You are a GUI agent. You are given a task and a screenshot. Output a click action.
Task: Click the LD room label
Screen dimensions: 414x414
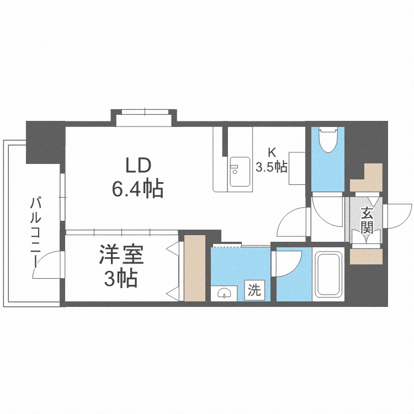[x=139, y=166]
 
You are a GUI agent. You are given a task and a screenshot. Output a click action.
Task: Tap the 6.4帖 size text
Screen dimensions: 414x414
[x=137, y=189]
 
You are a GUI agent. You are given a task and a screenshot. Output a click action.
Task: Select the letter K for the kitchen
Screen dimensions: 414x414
[x=272, y=152]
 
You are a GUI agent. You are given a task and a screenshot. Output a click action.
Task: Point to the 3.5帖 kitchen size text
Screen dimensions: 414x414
[x=272, y=167]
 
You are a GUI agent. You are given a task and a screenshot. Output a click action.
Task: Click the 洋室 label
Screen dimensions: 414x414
[x=121, y=255]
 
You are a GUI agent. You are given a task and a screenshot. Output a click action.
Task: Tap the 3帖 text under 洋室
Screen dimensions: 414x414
[x=121, y=278]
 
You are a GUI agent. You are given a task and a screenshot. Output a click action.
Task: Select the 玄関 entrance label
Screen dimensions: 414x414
[x=367, y=221]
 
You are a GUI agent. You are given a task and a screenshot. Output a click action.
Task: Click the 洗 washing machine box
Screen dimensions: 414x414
[x=254, y=290]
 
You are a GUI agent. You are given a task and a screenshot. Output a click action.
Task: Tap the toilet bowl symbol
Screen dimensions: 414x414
[x=328, y=140]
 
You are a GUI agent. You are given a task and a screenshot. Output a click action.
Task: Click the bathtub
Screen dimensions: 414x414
[x=328, y=274]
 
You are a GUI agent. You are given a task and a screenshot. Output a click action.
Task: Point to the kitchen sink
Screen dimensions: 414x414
[x=240, y=172]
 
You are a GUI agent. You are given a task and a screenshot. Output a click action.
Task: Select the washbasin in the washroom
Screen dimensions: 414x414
[x=224, y=293]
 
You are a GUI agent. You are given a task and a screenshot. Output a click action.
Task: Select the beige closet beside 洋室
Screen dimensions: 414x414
[x=195, y=268]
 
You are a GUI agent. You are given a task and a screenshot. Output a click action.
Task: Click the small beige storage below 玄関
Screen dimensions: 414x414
[x=366, y=256]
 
